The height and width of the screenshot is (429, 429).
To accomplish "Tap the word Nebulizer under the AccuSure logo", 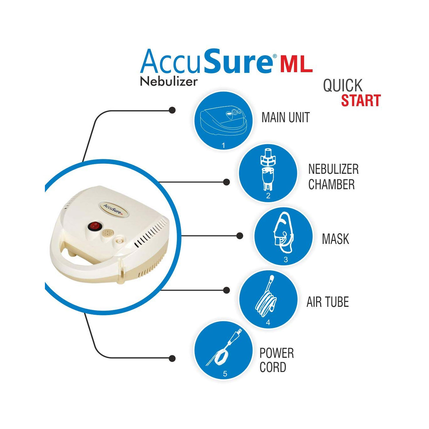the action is point(169,82).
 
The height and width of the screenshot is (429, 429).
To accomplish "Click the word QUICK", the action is point(343,85).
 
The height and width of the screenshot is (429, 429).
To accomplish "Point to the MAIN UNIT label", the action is point(286,118).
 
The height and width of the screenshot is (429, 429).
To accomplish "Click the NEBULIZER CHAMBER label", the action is point(333,177).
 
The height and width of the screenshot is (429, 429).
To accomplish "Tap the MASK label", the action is point(335,239).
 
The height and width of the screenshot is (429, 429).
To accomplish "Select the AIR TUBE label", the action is point(328,302).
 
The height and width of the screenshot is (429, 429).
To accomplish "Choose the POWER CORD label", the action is point(277,360).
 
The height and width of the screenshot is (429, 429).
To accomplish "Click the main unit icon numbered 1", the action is point(223,120).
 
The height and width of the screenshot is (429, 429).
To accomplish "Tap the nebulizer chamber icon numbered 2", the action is point(268,173).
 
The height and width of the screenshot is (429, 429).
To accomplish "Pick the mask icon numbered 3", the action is point(283,236).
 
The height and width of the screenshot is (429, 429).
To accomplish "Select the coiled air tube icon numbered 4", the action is point(268,299).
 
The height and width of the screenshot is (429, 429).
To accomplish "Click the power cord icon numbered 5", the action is point(224,350).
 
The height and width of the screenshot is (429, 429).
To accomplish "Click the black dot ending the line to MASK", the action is point(240,236).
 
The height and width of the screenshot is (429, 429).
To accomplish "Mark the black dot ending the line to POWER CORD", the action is point(172,358).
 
